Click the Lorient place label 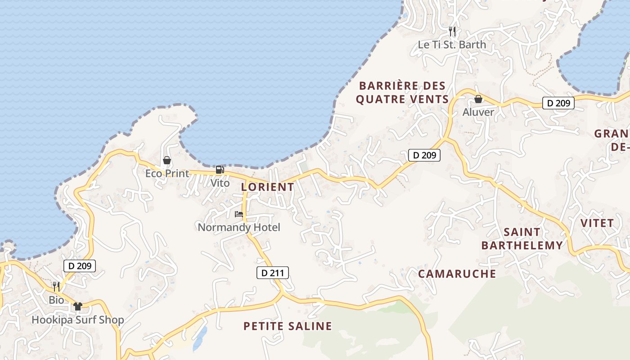pos(267,187)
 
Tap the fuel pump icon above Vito pos(220,170)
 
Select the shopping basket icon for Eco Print pos(167,160)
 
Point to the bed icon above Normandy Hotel pos(238,214)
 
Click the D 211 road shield pos(273,272)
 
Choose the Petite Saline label pos(288,326)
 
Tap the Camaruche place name pos(457,274)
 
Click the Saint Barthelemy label pos(522,238)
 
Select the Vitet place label pos(597,223)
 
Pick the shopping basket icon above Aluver pos(478,99)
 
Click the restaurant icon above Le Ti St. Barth pos(452,31)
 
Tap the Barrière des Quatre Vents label pos(402,92)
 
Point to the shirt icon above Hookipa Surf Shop pos(78,306)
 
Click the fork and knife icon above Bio pos(56,286)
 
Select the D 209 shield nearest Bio pos(80,266)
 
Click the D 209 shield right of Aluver pos(558,103)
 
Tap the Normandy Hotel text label pos(239,227)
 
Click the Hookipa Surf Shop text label pos(77,320)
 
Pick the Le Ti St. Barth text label pos(452,45)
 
